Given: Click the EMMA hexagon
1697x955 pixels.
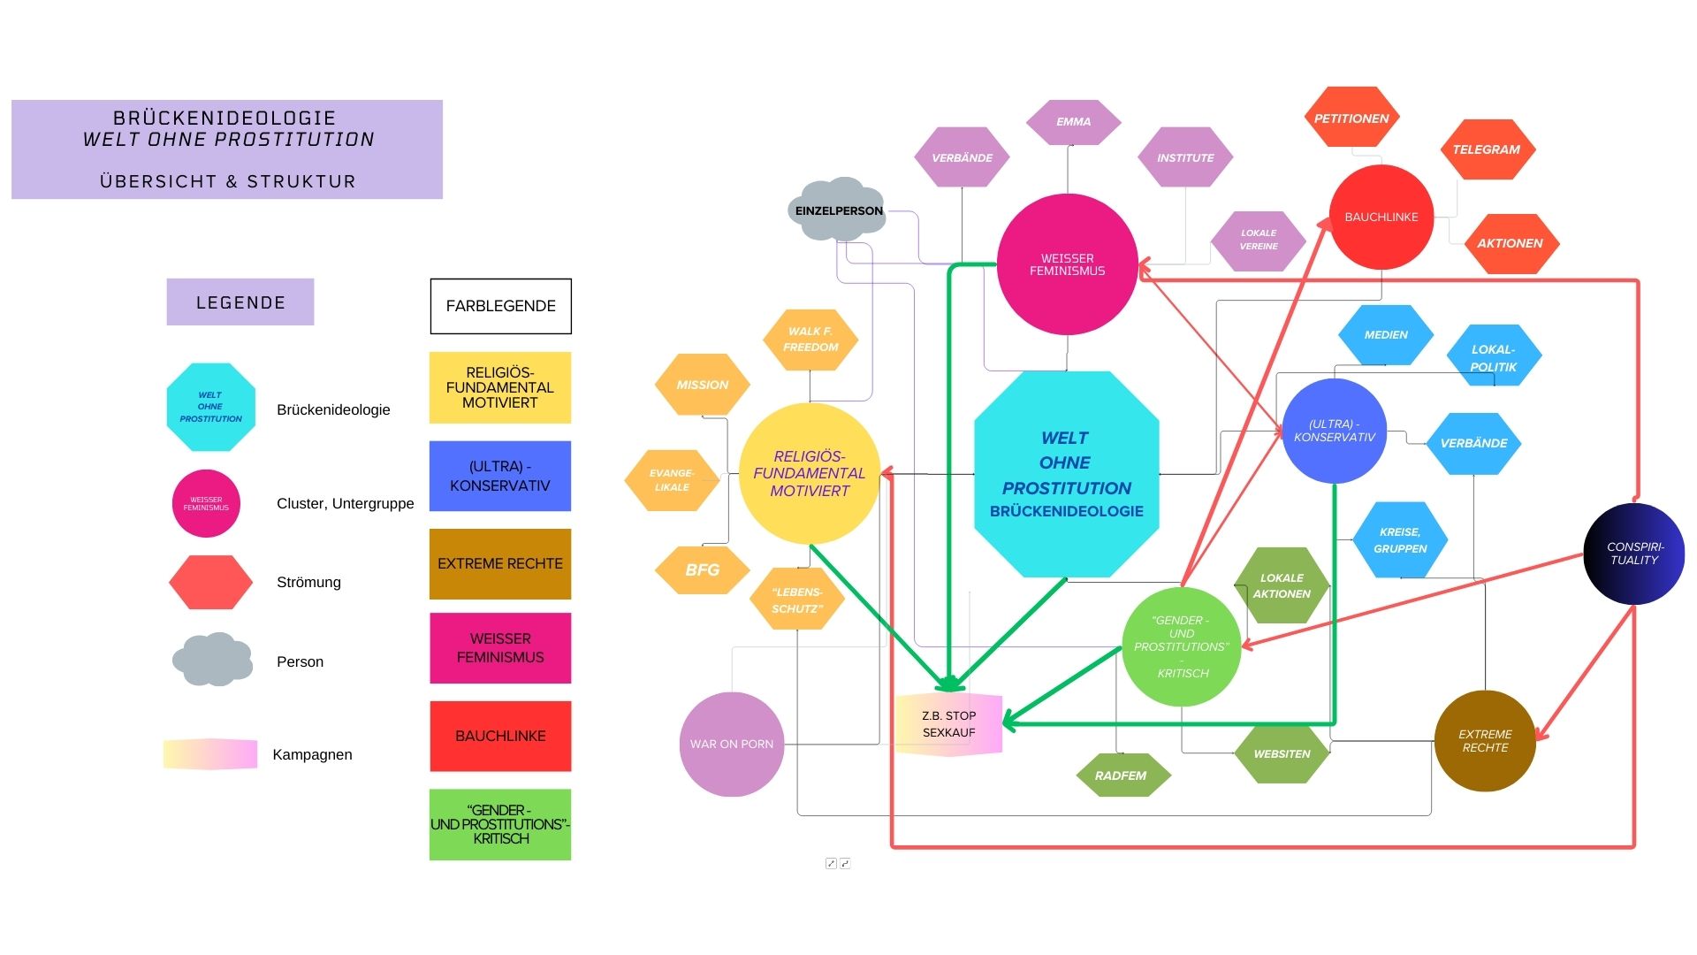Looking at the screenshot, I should [1073, 122].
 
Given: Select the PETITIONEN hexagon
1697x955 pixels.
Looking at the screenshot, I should [1351, 118].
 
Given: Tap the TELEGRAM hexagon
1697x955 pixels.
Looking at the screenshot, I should [1487, 149].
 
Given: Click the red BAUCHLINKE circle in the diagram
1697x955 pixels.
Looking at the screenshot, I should [1381, 217].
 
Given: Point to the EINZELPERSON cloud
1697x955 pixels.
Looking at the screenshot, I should [838, 210].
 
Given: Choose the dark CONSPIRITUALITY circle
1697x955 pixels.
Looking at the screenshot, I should [1634, 554].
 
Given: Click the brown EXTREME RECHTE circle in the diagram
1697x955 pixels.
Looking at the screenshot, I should [1485, 741].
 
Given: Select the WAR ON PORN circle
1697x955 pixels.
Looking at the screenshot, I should [731, 744].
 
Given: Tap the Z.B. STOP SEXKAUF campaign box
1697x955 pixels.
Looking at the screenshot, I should [948, 724].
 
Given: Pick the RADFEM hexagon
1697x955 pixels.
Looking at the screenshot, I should [1121, 775].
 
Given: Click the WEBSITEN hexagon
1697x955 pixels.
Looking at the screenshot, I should [1282, 753].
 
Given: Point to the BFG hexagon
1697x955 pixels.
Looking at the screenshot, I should [703, 570].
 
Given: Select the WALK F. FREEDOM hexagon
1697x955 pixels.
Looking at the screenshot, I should [810, 340].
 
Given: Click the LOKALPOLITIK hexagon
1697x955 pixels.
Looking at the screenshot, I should [1494, 357].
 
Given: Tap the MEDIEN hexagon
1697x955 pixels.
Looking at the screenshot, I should [1385, 335].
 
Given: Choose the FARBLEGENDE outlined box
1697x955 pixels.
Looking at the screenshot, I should [500, 306].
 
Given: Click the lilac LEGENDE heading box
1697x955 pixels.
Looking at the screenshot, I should [240, 302].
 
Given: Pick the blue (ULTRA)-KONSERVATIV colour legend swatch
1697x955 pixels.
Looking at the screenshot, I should [500, 476].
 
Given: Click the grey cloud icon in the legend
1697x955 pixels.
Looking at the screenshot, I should [212, 660].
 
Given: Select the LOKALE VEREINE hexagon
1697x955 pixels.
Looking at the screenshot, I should [1258, 240].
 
